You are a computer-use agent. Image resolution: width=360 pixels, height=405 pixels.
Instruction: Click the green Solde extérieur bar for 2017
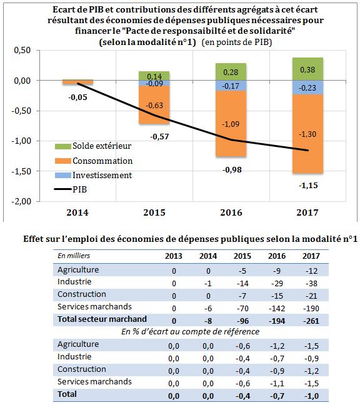(x=308, y=69)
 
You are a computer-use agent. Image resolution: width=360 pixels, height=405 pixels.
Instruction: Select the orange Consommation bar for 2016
(x=231, y=124)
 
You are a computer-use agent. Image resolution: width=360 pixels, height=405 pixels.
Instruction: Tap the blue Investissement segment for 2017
(x=308, y=87)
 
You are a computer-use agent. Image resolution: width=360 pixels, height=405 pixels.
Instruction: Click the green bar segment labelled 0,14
(x=154, y=76)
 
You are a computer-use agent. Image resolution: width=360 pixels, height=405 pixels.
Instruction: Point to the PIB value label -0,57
(x=159, y=136)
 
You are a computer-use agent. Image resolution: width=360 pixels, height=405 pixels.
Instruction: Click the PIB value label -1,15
(x=308, y=186)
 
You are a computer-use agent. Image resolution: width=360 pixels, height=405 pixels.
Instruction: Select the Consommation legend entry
(x=94, y=161)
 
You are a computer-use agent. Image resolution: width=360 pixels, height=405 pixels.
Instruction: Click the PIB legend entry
(x=71, y=189)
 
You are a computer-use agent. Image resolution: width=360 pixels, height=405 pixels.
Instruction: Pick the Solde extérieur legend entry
(x=93, y=146)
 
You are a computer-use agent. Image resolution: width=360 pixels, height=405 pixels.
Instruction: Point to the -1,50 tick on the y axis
(x=21, y=171)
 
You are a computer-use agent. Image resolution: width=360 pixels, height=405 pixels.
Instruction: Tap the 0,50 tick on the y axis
(x=22, y=50)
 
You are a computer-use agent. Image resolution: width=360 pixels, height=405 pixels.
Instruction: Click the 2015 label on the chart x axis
(x=154, y=212)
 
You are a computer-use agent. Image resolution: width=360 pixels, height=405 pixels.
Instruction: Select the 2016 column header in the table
(x=277, y=256)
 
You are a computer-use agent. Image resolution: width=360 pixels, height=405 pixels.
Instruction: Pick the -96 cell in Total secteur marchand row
(x=242, y=321)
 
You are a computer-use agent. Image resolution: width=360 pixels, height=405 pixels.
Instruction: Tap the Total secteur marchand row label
(x=102, y=319)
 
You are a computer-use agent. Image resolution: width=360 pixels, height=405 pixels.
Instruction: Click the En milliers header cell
(x=74, y=256)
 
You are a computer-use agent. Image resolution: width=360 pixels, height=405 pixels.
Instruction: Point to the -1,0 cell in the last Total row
(x=312, y=396)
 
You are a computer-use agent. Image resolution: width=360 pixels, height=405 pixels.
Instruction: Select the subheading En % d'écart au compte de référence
(x=191, y=331)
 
